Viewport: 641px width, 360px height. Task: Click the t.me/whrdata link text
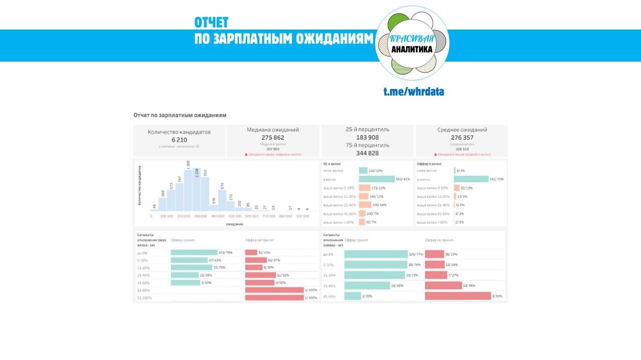(414, 92)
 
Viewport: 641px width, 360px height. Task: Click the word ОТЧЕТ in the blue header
(211, 23)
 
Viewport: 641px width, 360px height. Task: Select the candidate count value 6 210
(179, 140)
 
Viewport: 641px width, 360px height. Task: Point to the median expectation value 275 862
(272, 138)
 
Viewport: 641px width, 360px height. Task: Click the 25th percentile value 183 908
(367, 137)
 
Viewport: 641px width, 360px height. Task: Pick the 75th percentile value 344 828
(367, 153)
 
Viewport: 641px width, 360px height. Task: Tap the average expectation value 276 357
(462, 138)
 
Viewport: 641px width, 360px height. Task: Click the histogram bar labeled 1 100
(188, 190)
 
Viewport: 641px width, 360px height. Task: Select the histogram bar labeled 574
(222, 200)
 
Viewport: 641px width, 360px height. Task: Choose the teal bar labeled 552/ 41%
(377, 179)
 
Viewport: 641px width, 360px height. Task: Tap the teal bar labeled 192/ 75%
(471, 179)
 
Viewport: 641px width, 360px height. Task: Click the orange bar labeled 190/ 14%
(365, 205)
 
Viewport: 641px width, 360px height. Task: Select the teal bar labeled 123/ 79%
(194, 252)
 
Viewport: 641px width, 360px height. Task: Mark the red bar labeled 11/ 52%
(260, 275)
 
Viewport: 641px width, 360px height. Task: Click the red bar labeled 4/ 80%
(458, 296)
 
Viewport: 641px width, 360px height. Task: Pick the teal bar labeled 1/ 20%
(353, 296)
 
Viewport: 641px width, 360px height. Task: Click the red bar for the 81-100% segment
(274, 297)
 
